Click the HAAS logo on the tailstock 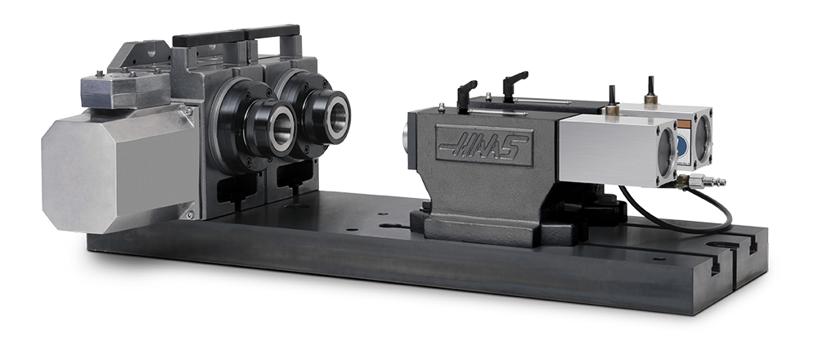(x=483, y=145)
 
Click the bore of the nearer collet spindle (x=282, y=126)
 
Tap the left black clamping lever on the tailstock (x=466, y=94)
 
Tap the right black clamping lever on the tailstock (x=515, y=84)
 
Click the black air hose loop (x=679, y=212)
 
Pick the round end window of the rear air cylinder (x=703, y=137)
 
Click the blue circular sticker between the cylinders (x=682, y=146)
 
